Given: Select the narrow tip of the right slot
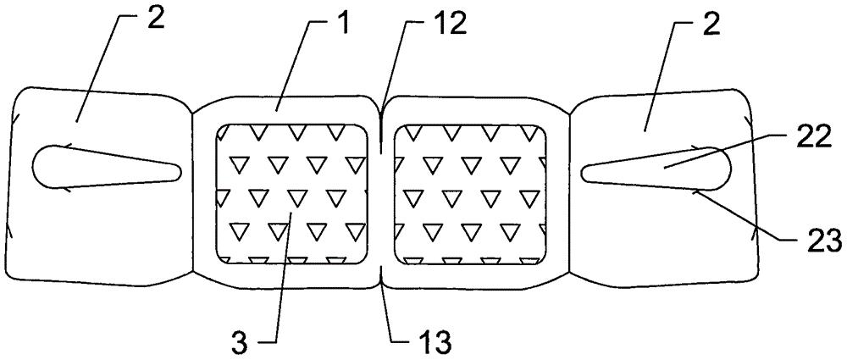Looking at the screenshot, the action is [x=583, y=173].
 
